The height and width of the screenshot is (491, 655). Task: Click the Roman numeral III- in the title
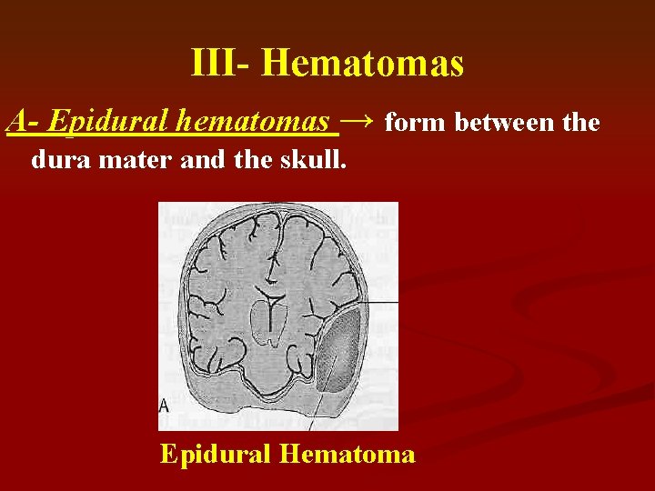(x=221, y=64)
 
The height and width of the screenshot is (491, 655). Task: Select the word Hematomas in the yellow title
(x=362, y=64)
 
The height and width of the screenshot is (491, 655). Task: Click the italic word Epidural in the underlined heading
(x=107, y=121)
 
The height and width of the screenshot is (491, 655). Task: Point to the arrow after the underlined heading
(x=359, y=120)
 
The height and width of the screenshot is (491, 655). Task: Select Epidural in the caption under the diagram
(x=217, y=454)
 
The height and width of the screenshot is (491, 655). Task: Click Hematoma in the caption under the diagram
(x=348, y=454)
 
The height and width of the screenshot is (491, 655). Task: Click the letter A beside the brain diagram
(x=164, y=406)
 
